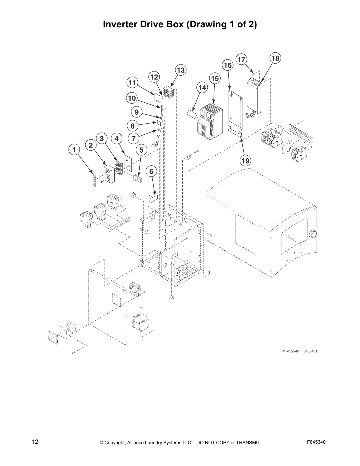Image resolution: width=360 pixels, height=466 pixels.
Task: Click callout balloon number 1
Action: pos(74,149)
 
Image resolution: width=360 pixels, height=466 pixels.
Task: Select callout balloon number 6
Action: pos(151,171)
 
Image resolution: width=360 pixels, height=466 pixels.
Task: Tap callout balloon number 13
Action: pos(181,70)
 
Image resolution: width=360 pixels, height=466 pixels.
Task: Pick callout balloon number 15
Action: pos(215,79)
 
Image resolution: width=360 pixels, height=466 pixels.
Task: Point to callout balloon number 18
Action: pos(275,58)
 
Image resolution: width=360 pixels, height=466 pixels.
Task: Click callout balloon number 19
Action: pos(245,161)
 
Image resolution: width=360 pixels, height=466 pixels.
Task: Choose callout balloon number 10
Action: pos(132,98)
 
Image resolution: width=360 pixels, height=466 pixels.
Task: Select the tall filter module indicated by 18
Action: pos(254,96)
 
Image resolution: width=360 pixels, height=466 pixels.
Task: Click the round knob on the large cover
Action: pos(314,234)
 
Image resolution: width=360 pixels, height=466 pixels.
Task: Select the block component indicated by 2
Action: pos(110,175)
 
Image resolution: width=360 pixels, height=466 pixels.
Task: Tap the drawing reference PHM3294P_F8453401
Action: pos(299,351)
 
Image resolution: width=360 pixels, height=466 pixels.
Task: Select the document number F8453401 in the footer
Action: pos(317,442)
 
